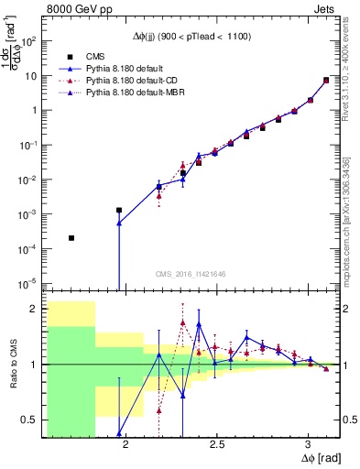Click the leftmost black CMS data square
71,238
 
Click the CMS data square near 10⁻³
119,210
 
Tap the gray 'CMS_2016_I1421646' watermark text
191,274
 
